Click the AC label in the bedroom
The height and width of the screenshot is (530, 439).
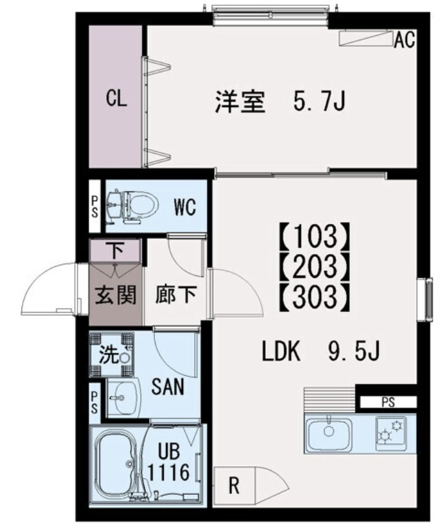[404, 40]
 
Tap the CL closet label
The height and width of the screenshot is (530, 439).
[117, 99]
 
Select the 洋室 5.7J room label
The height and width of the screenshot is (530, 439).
[280, 103]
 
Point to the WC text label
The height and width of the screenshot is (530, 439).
[184, 208]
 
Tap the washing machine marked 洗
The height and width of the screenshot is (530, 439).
[112, 355]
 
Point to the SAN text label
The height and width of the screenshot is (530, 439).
[167, 388]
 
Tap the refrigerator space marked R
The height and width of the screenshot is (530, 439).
[233, 484]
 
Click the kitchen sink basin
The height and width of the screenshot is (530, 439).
[330, 431]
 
